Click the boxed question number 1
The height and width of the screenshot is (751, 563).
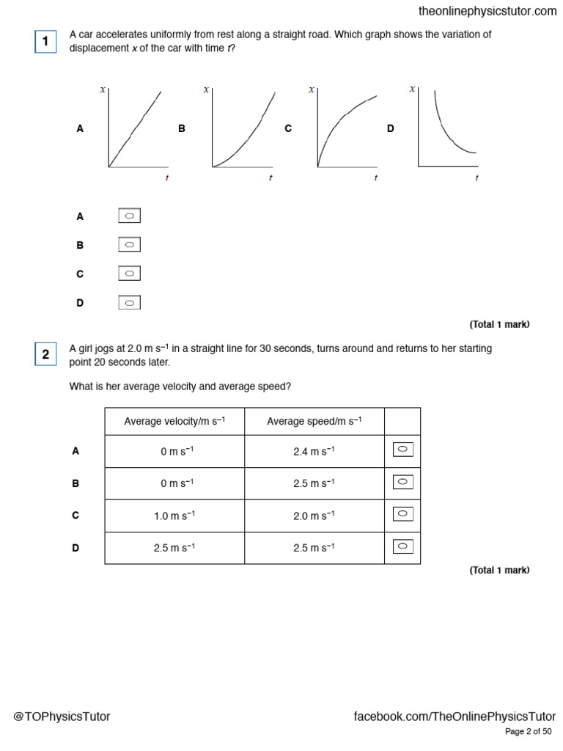[x=45, y=42]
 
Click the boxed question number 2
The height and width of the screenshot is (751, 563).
[x=45, y=355]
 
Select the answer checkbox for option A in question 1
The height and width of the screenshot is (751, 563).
[x=129, y=216]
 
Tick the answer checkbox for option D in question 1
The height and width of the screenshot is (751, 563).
[x=129, y=302]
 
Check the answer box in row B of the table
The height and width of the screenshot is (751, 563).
[x=402, y=482]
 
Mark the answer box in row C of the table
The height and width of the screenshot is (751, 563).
[x=402, y=514]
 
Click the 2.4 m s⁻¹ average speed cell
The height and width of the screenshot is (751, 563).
[x=314, y=452]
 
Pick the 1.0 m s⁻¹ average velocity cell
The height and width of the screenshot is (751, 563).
[x=174, y=516]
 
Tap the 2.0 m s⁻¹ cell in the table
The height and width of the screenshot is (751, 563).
[x=314, y=516]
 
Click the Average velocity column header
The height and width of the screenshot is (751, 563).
[x=174, y=421]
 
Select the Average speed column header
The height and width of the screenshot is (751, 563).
[x=314, y=421]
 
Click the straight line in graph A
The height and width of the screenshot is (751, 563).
[x=136, y=128]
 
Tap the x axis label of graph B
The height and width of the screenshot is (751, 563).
[x=206, y=89]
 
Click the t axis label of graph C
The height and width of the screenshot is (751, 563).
[x=375, y=177]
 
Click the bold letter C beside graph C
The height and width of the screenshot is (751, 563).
[x=288, y=128]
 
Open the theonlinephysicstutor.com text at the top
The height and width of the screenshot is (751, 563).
[x=487, y=11]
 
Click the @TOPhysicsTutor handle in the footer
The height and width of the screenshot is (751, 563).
[x=62, y=717]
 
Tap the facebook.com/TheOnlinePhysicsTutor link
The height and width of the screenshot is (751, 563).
[x=455, y=717]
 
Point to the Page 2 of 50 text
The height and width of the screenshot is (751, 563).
[x=529, y=732]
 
